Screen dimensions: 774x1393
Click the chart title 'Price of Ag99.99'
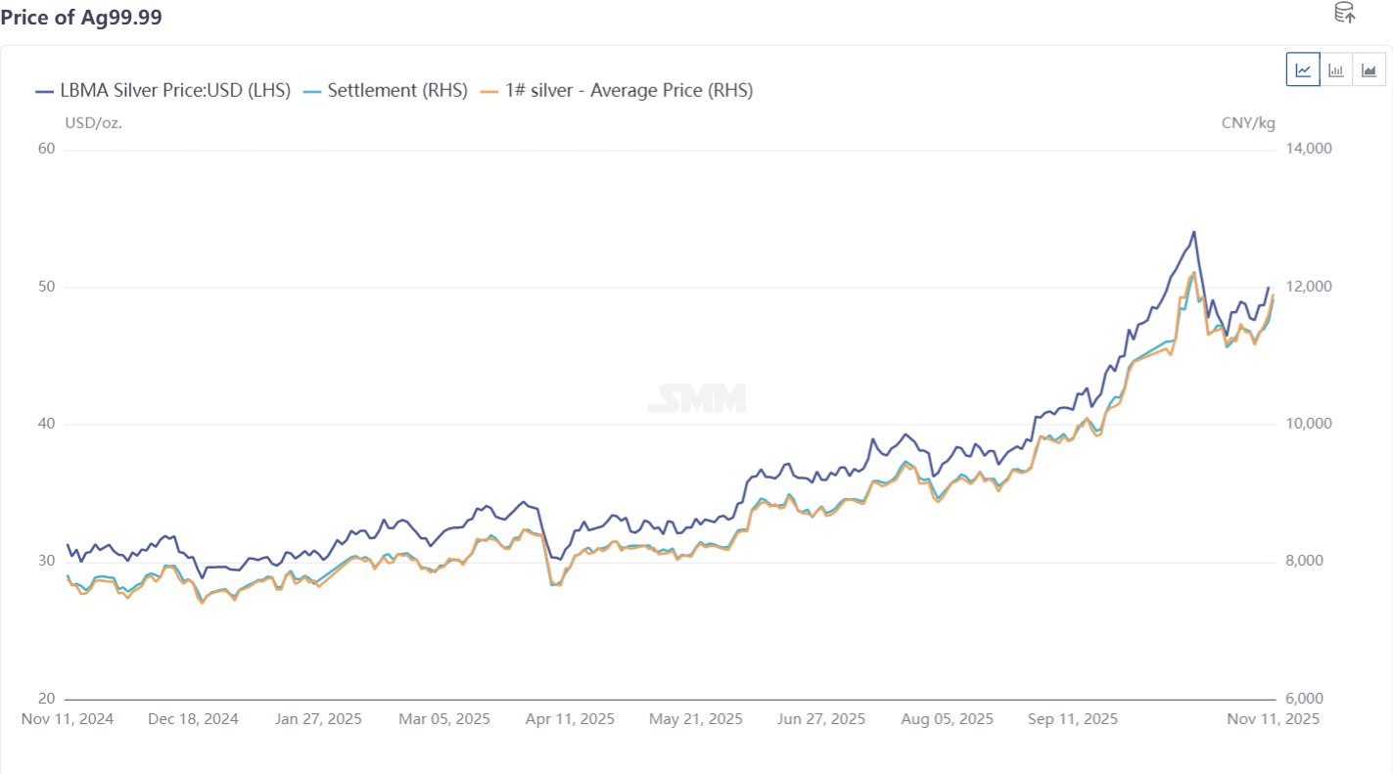(81, 18)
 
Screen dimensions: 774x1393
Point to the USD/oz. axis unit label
(93, 122)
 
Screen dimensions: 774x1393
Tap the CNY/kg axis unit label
(1248, 122)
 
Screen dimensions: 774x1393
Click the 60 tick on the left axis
(47, 149)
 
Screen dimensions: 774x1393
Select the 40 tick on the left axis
(47, 424)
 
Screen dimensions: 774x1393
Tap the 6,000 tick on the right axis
(1303, 699)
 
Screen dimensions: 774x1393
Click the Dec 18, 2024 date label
(193, 719)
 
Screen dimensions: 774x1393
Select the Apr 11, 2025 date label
(570, 719)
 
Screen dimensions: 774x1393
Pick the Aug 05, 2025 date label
(948, 719)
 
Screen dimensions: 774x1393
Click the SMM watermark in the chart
(697, 398)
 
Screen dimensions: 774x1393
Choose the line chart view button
(1303, 69)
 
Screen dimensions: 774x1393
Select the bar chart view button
(1335, 69)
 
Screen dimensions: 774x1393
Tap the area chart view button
(1369, 69)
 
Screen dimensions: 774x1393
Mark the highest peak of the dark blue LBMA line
(1193, 232)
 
